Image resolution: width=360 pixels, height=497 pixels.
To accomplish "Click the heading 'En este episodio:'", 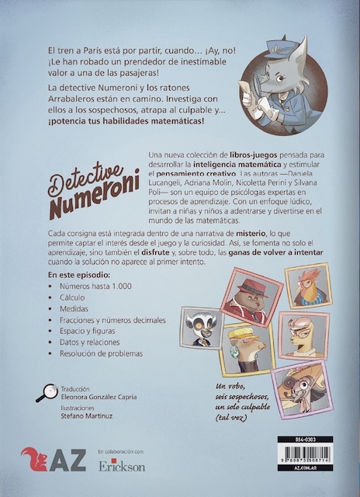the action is (x=78, y=274).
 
